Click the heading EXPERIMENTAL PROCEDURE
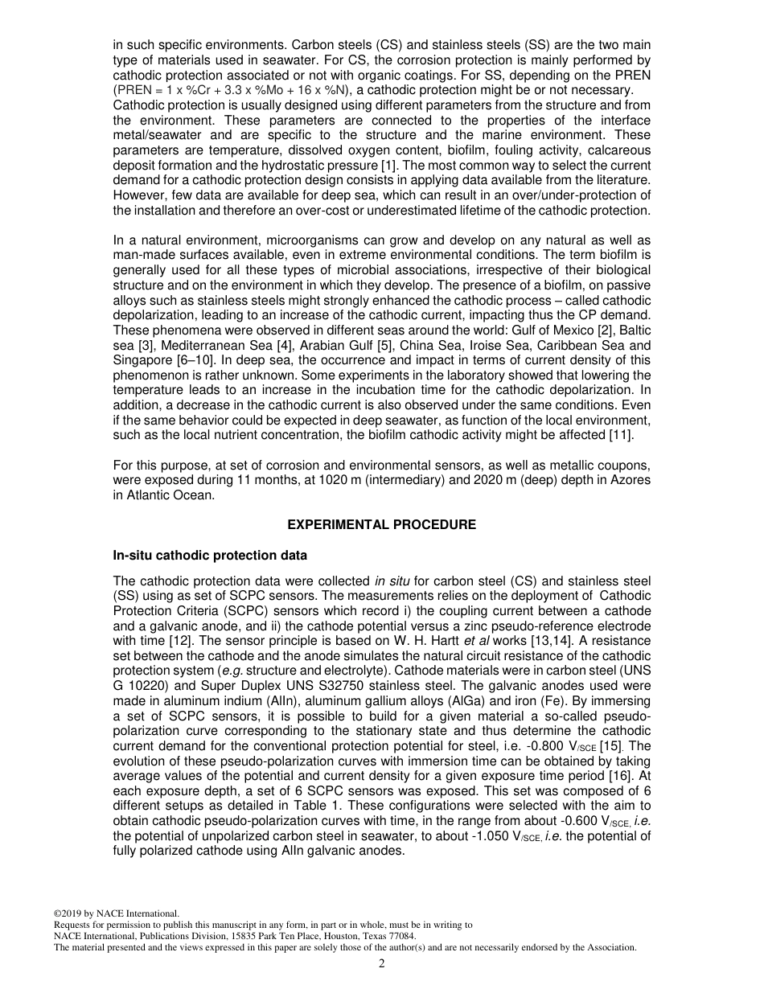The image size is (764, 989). pyautogui.click(x=381, y=525)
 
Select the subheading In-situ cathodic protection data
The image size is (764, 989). pyautogui.click(x=210, y=556)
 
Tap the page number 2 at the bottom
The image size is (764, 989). pyautogui.click(x=382, y=964)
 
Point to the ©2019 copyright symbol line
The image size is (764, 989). pyautogui.click(x=116, y=913)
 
